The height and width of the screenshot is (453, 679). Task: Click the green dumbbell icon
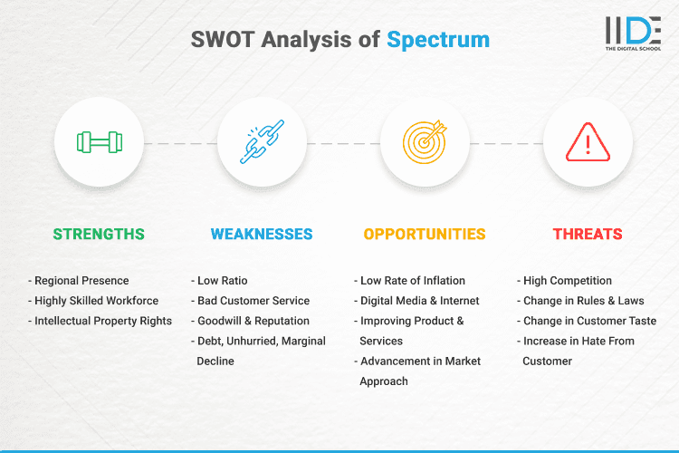(99, 142)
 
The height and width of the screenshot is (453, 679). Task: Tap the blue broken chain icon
(262, 142)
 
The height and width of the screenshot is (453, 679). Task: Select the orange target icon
(425, 142)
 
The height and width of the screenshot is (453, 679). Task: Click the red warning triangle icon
(588, 143)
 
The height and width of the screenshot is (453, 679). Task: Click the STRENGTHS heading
(99, 234)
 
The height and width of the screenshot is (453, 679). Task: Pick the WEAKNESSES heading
(262, 234)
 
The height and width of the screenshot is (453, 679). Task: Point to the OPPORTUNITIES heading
(425, 234)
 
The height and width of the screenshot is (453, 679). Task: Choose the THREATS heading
(588, 234)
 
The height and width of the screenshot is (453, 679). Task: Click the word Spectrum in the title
(438, 40)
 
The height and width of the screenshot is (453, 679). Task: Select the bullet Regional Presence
(81, 281)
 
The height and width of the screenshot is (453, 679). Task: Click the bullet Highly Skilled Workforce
(95, 301)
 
